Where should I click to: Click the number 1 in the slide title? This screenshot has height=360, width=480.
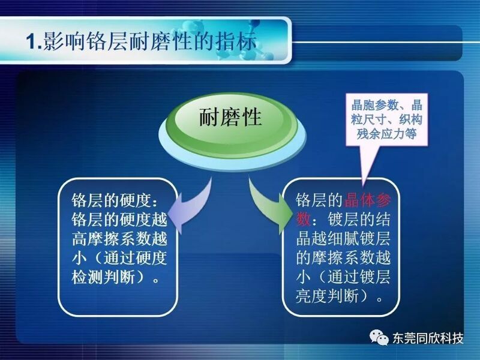[31, 41]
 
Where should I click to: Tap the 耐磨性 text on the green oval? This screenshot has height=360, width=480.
[230, 117]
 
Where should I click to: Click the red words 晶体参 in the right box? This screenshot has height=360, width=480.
[368, 200]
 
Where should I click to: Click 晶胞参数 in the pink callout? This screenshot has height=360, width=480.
[374, 106]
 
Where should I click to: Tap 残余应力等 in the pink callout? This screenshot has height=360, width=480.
[386, 133]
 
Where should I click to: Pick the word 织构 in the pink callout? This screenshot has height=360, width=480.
[410, 119]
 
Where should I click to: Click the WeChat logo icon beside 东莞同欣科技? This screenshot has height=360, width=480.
[379, 337]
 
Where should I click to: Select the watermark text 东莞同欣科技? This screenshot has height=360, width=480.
[428, 338]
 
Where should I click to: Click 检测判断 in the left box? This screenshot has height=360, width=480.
[103, 278]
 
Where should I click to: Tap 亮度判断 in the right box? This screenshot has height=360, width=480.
[327, 296]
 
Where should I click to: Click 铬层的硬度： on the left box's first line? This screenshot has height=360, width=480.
[115, 200]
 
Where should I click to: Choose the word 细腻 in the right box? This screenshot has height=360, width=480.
[343, 239]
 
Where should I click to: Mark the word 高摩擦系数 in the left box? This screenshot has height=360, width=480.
[111, 239]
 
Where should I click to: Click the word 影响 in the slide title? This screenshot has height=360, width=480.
[64, 41]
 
